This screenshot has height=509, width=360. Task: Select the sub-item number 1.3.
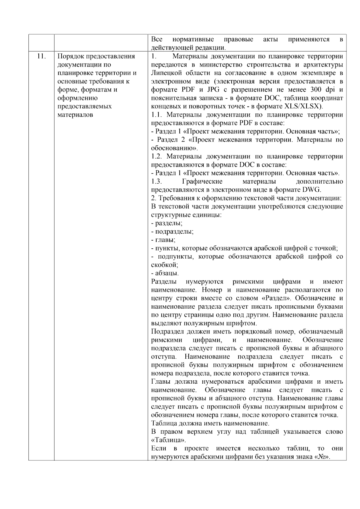point(157,181)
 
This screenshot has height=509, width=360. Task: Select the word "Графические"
point(202,181)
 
